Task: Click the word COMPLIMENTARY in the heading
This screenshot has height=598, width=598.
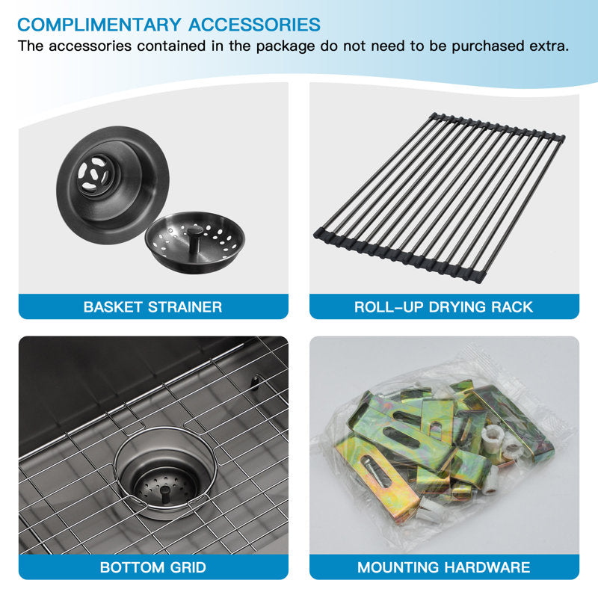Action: [x=99, y=25]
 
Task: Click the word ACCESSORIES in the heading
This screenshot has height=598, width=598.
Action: [x=254, y=25]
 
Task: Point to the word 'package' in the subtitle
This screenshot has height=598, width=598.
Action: [x=286, y=46]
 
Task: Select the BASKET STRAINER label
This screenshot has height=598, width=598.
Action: [x=152, y=307]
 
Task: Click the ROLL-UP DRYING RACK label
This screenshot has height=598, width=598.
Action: [x=443, y=307]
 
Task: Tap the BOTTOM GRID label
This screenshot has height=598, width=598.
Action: [x=153, y=567]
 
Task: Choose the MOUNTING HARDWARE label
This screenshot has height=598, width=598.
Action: [x=443, y=567]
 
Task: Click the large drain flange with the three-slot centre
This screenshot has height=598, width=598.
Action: [x=113, y=185]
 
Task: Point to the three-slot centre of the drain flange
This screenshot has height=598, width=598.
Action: [x=93, y=175]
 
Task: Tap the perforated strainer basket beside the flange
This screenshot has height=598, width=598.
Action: [x=195, y=241]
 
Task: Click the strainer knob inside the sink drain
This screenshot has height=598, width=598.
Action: [x=165, y=493]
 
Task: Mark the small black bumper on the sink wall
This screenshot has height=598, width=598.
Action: [x=255, y=383]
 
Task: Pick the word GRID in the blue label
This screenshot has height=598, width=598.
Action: [x=188, y=567]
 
